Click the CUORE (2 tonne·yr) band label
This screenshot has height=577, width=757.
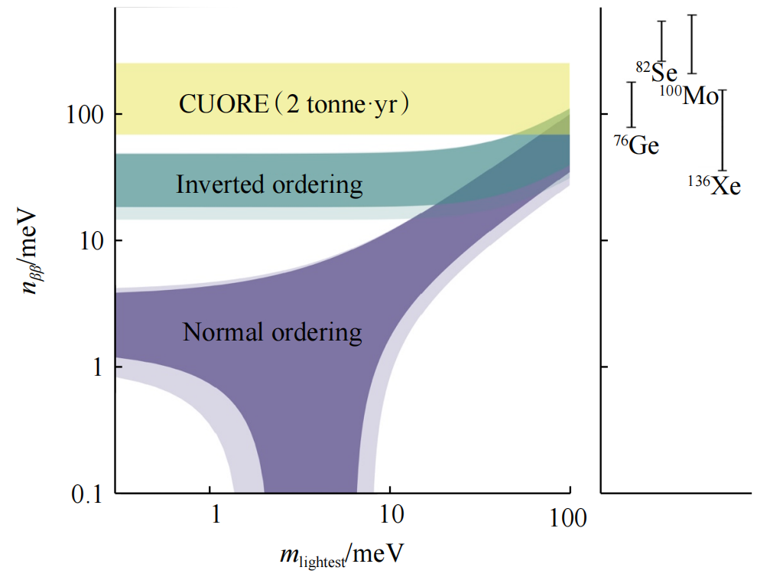click(x=295, y=103)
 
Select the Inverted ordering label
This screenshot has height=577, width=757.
click(x=268, y=184)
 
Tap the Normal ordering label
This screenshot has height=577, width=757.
click(x=272, y=332)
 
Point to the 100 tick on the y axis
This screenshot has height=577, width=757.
click(x=80, y=115)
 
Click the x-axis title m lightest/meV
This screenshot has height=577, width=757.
click(x=340, y=553)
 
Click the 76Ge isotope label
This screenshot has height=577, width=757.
click(x=636, y=145)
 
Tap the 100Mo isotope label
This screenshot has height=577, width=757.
click(x=689, y=95)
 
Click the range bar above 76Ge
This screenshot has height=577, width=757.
click(x=631, y=105)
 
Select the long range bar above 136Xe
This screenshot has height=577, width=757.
click(x=722, y=130)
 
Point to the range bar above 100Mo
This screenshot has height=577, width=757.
click(x=692, y=44)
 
